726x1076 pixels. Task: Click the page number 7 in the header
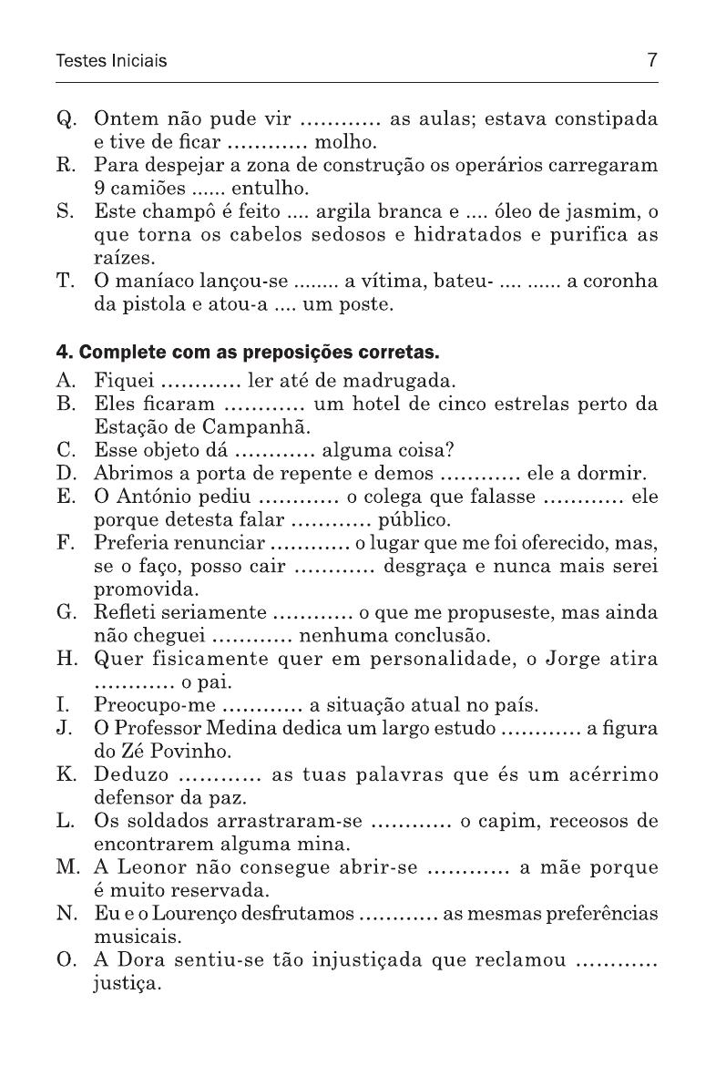(652, 61)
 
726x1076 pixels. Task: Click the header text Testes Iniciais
(111, 62)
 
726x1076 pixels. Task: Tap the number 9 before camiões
(99, 190)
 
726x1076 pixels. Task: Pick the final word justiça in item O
(128, 983)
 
